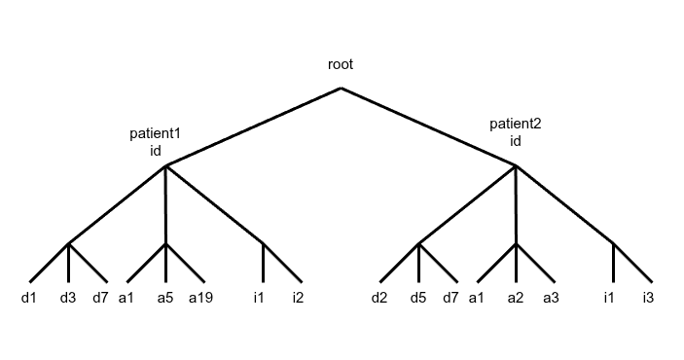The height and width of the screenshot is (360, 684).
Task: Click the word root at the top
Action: click(x=341, y=65)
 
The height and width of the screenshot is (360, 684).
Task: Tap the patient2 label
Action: click(x=515, y=124)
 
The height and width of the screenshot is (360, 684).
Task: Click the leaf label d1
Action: click(x=28, y=297)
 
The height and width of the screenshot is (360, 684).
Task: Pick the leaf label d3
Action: click(x=68, y=297)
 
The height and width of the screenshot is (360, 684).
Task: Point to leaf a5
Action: click(x=165, y=297)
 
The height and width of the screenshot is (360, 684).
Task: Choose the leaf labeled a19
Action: click(x=200, y=297)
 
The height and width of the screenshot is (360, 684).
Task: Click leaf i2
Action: click(x=298, y=297)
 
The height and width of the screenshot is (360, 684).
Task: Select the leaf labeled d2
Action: click(x=379, y=297)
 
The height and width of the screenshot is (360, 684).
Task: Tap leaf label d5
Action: click(x=418, y=297)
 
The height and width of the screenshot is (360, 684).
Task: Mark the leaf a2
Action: click(x=516, y=297)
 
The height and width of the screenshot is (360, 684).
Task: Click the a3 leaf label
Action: click(x=551, y=297)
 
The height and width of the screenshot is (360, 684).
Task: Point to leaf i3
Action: click(x=648, y=297)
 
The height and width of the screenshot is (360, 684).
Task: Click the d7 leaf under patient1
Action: click(x=100, y=297)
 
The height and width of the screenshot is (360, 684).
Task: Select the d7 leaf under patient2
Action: click(x=450, y=297)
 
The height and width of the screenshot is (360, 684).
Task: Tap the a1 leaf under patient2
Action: click(x=476, y=297)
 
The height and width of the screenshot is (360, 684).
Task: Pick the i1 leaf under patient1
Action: click(x=259, y=297)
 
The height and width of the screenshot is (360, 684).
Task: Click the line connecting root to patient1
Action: click(x=253, y=126)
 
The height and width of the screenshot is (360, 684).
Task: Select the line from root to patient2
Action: click(x=428, y=126)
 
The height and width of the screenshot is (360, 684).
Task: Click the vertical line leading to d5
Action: click(x=418, y=263)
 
